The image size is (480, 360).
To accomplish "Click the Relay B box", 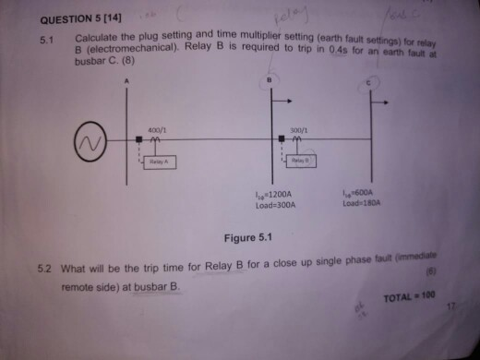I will (x=299, y=161).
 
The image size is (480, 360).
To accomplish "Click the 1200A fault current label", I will (x=274, y=195).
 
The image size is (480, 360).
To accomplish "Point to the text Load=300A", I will (x=274, y=205).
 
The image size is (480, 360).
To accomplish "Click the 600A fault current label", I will (x=359, y=193).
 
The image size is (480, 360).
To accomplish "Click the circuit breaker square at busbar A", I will (x=138, y=140).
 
